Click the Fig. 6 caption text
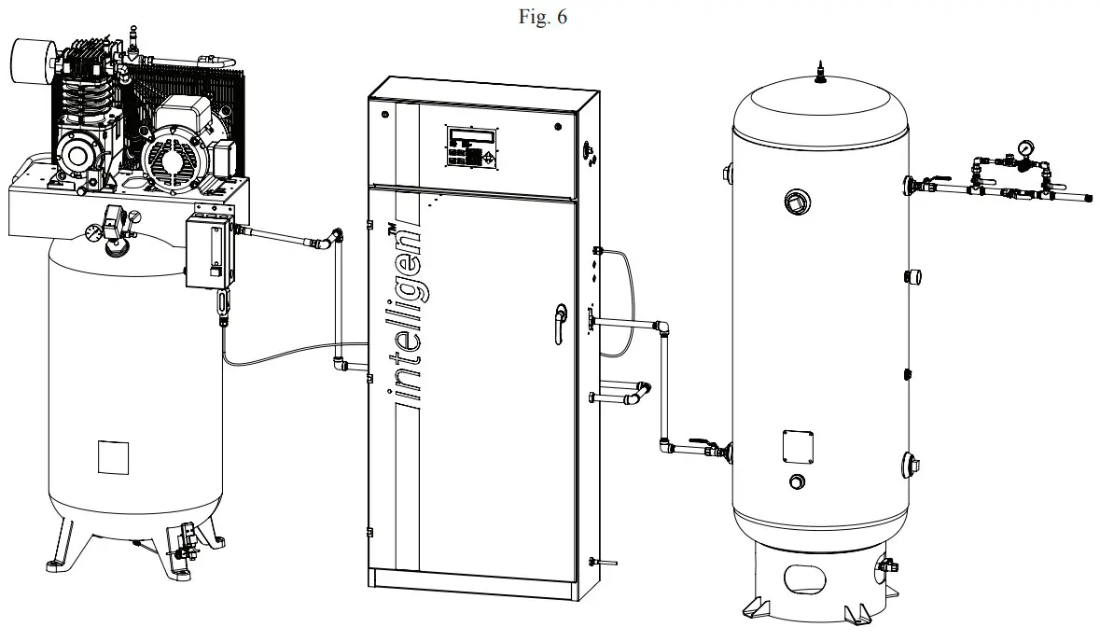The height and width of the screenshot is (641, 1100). click(549, 19)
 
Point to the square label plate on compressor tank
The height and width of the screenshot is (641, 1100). click(113, 455)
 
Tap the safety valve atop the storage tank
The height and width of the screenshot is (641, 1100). click(819, 73)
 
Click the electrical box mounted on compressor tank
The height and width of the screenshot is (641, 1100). click(209, 250)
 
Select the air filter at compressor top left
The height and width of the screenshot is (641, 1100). click(31, 57)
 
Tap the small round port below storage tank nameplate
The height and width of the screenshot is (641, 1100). click(796, 481)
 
